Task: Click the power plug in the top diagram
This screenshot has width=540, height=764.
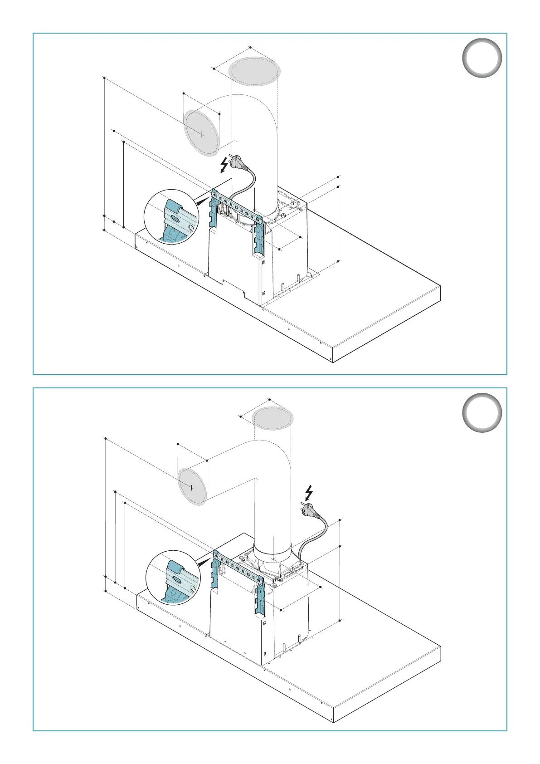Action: coord(238,162)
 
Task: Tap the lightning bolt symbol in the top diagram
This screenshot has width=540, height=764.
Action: coord(224,165)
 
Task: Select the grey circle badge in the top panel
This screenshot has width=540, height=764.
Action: coord(482,58)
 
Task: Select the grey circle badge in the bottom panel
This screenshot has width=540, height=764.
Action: coord(482,412)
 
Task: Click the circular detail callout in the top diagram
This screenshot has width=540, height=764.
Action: coord(172,217)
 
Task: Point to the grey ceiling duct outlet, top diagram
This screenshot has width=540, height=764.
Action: coord(254,72)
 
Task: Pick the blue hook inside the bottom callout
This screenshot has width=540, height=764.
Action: coord(175,568)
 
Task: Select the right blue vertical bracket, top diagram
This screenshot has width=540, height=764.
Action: coord(259,238)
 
